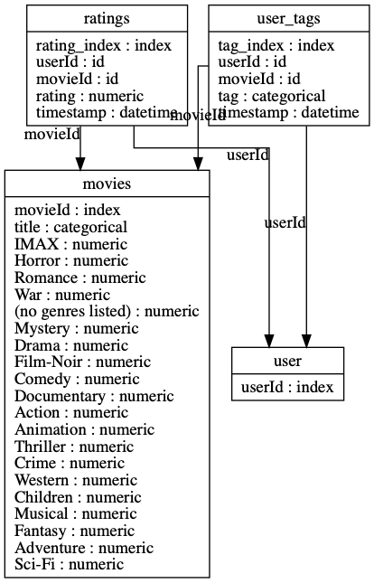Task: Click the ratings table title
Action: tap(107, 17)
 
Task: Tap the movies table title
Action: tap(107, 184)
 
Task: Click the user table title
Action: tap(288, 362)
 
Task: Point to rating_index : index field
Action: tap(104, 45)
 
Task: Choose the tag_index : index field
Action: tap(276, 45)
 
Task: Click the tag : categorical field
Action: tap(272, 96)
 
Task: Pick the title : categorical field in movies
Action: tap(71, 227)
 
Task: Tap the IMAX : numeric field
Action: tap(71, 244)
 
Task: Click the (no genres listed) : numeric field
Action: tap(107, 312)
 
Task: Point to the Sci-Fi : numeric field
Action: tap(69, 565)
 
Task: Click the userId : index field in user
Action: tap(288, 388)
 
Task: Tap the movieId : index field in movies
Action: tap(68, 211)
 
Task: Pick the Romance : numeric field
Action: tap(79, 277)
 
